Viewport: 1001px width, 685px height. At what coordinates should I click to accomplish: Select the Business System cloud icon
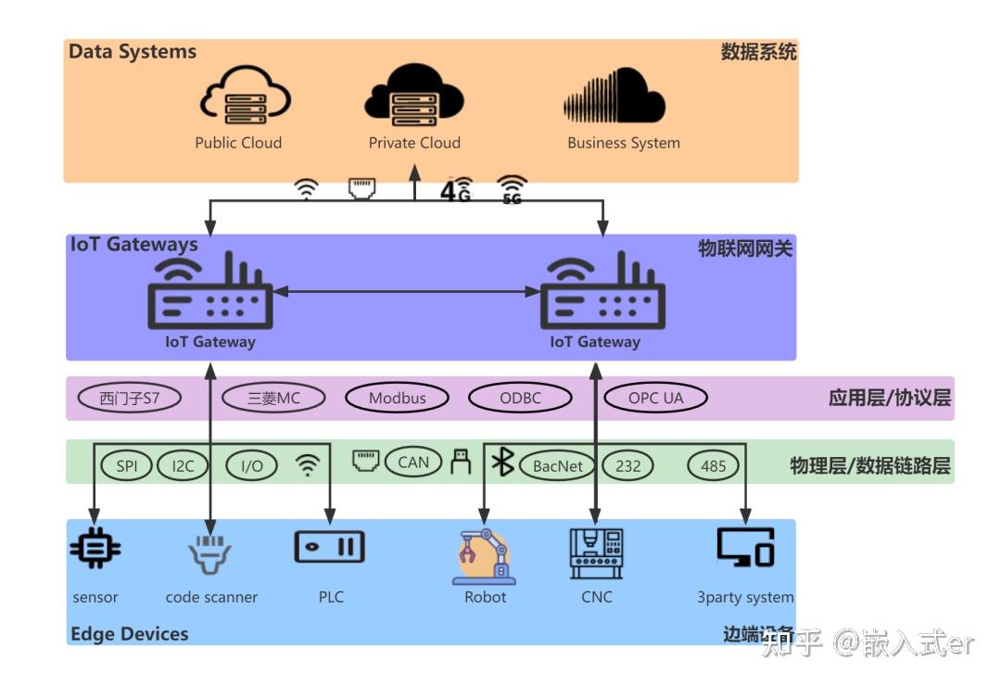(x=614, y=96)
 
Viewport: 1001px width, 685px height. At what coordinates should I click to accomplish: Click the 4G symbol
(x=456, y=189)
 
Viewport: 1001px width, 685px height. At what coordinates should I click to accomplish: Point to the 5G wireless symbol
(x=512, y=189)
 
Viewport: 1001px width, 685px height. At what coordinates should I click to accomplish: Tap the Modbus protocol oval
(x=398, y=399)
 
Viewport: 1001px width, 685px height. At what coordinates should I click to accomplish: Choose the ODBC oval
(x=520, y=399)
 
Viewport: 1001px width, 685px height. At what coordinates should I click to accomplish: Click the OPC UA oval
(x=655, y=399)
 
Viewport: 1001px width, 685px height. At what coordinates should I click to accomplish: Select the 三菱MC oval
(x=274, y=399)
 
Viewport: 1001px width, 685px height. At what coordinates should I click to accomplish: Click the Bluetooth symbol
(x=503, y=462)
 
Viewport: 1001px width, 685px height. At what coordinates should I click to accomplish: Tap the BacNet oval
(x=557, y=465)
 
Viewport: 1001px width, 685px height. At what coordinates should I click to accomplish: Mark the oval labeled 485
(x=713, y=465)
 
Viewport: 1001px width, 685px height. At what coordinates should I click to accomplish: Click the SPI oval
(x=127, y=465)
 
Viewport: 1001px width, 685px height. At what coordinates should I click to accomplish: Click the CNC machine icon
(x=596, y=554)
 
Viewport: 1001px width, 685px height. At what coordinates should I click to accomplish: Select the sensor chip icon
(x=95, y=549)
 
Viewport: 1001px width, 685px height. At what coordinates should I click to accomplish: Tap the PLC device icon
(x=329, y=547)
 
